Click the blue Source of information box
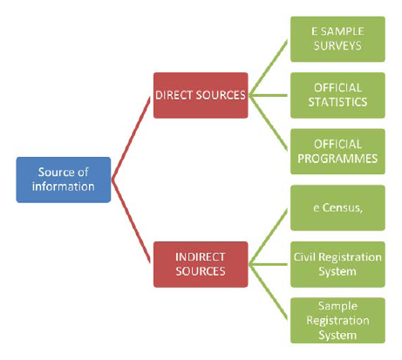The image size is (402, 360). coord(64,180)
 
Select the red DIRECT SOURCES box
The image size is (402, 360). coord(201,95)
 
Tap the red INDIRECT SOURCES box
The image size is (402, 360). coord(201,264)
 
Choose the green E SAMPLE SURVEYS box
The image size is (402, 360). coord(337,39)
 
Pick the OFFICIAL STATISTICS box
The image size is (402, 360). coord(337,95)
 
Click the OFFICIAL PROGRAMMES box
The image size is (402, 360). coord(337,152)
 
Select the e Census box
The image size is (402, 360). coord(337,208)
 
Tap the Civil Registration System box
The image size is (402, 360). coord(337,264)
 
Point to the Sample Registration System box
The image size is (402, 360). coord(337,321)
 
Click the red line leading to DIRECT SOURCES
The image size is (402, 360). coord(131,138)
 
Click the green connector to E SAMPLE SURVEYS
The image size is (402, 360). coord(269,67)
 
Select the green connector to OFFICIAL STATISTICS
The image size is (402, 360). coord(269,95)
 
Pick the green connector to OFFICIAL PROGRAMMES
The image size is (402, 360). coord(269,124)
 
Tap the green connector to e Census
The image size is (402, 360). coord(269,236)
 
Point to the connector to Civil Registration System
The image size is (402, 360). coord(269,264)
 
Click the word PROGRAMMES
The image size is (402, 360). coord(337,159)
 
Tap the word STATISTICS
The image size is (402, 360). coord(337,102)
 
